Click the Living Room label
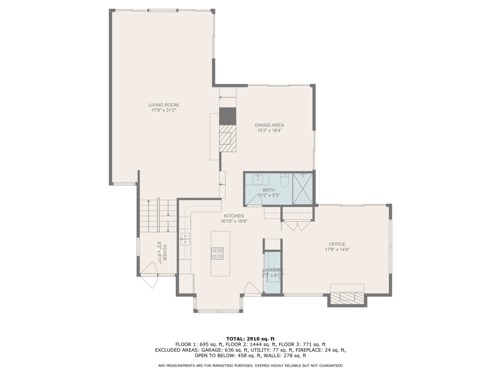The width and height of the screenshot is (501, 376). pyautogui.click(x=164, y=105)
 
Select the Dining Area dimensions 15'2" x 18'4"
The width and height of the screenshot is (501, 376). pyautogui.click(x=269, y=131)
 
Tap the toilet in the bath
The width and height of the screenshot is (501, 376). pyautogui.click(x=284, y=180)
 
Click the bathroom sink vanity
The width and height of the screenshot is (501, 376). pyautogui.click(x=258, y=179)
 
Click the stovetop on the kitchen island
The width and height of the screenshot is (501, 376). pyautogui.click(x=217, y=253)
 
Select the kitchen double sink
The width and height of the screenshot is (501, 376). pyautogui.click(x=185, y=239)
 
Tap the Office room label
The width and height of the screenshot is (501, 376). pyautogui.click(x=337, y=244)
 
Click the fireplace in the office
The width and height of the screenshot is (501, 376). pyautogui.click(x=347, y=297)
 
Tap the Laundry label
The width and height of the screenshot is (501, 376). pyautogui.click(x=273, y=270)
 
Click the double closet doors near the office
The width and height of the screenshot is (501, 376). pyautogui.click(x=295, y=226)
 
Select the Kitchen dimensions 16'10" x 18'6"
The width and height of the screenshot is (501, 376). pyautogui.click(x=234, y=221)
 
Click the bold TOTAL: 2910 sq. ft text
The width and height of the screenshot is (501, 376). pyautogui.click(x=250, y=338)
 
